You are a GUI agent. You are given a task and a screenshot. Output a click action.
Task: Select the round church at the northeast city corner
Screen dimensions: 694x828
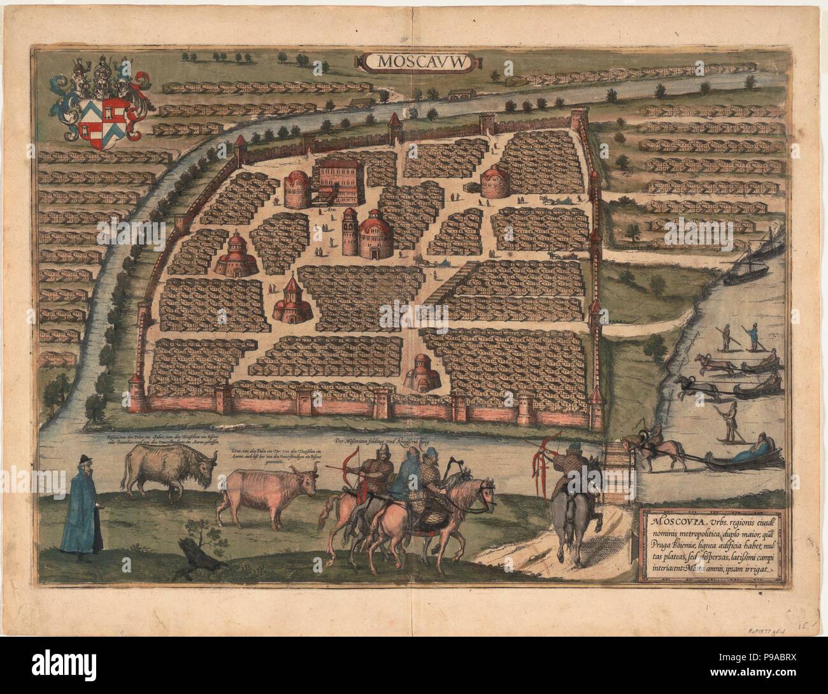tap(499, 181)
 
